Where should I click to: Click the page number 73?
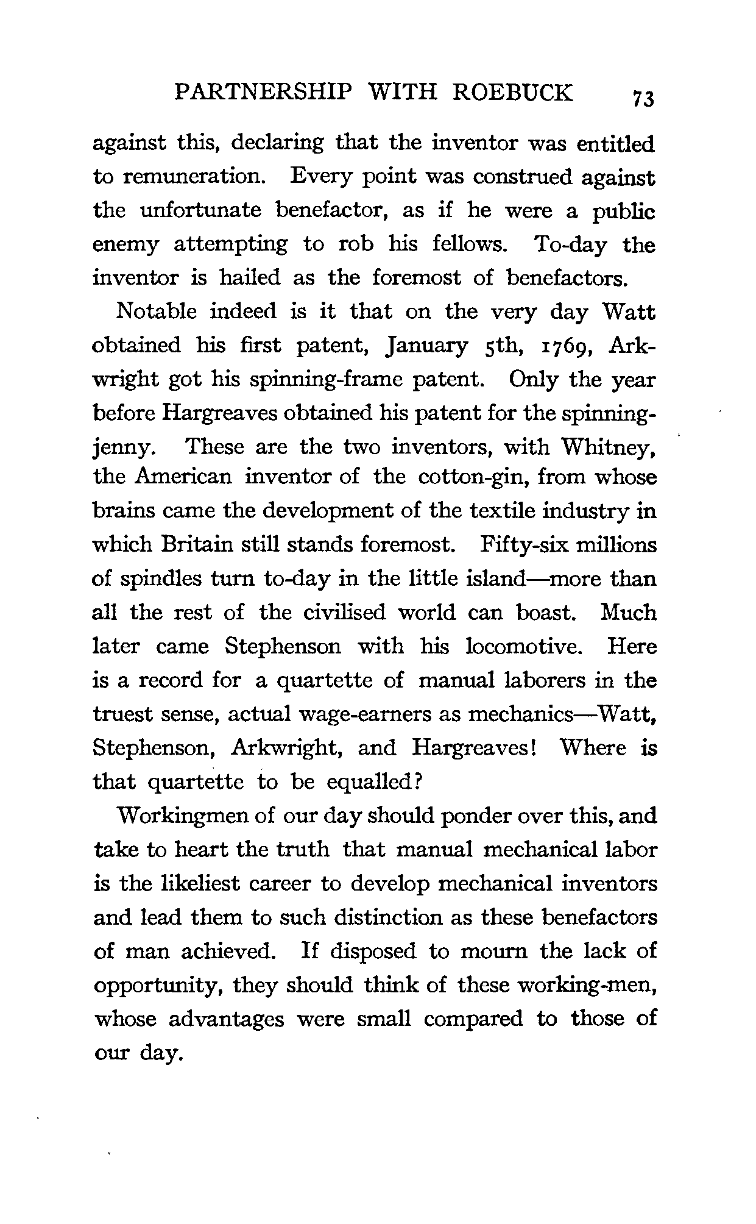[x=643, y=98]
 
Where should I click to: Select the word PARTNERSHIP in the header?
[x=263, y=92]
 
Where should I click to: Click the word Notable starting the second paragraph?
[x=156, y=311]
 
